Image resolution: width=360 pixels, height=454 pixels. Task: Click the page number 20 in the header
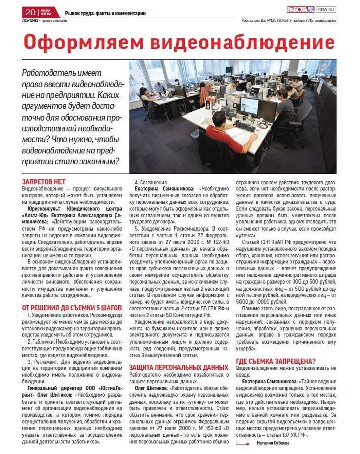(x=30, y=11)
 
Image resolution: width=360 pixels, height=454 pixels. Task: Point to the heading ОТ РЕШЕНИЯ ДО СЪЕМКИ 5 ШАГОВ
(x=71, y=307)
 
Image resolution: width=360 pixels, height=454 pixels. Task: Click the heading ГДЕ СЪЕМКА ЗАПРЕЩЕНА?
(x=276, y=361)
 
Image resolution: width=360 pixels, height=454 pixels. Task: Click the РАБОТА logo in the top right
(x=301, y=9)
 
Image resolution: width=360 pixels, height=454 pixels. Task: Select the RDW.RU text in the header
(x=327, y=9)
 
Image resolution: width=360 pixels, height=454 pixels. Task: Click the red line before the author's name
(x=245, y=442)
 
